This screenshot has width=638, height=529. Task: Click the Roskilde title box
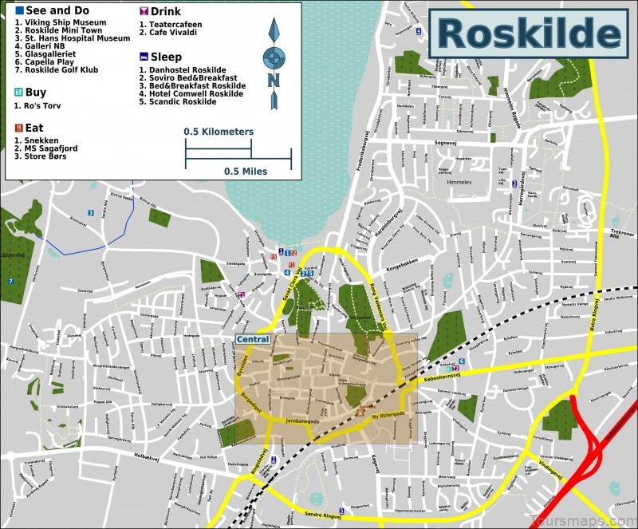pos(529,34)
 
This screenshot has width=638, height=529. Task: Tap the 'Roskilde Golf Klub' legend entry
pos(61,70)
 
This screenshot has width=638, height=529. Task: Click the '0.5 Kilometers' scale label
pos(219,132)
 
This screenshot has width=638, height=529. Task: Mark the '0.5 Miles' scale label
pos(246,171)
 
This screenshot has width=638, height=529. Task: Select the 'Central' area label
pos(252,339)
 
